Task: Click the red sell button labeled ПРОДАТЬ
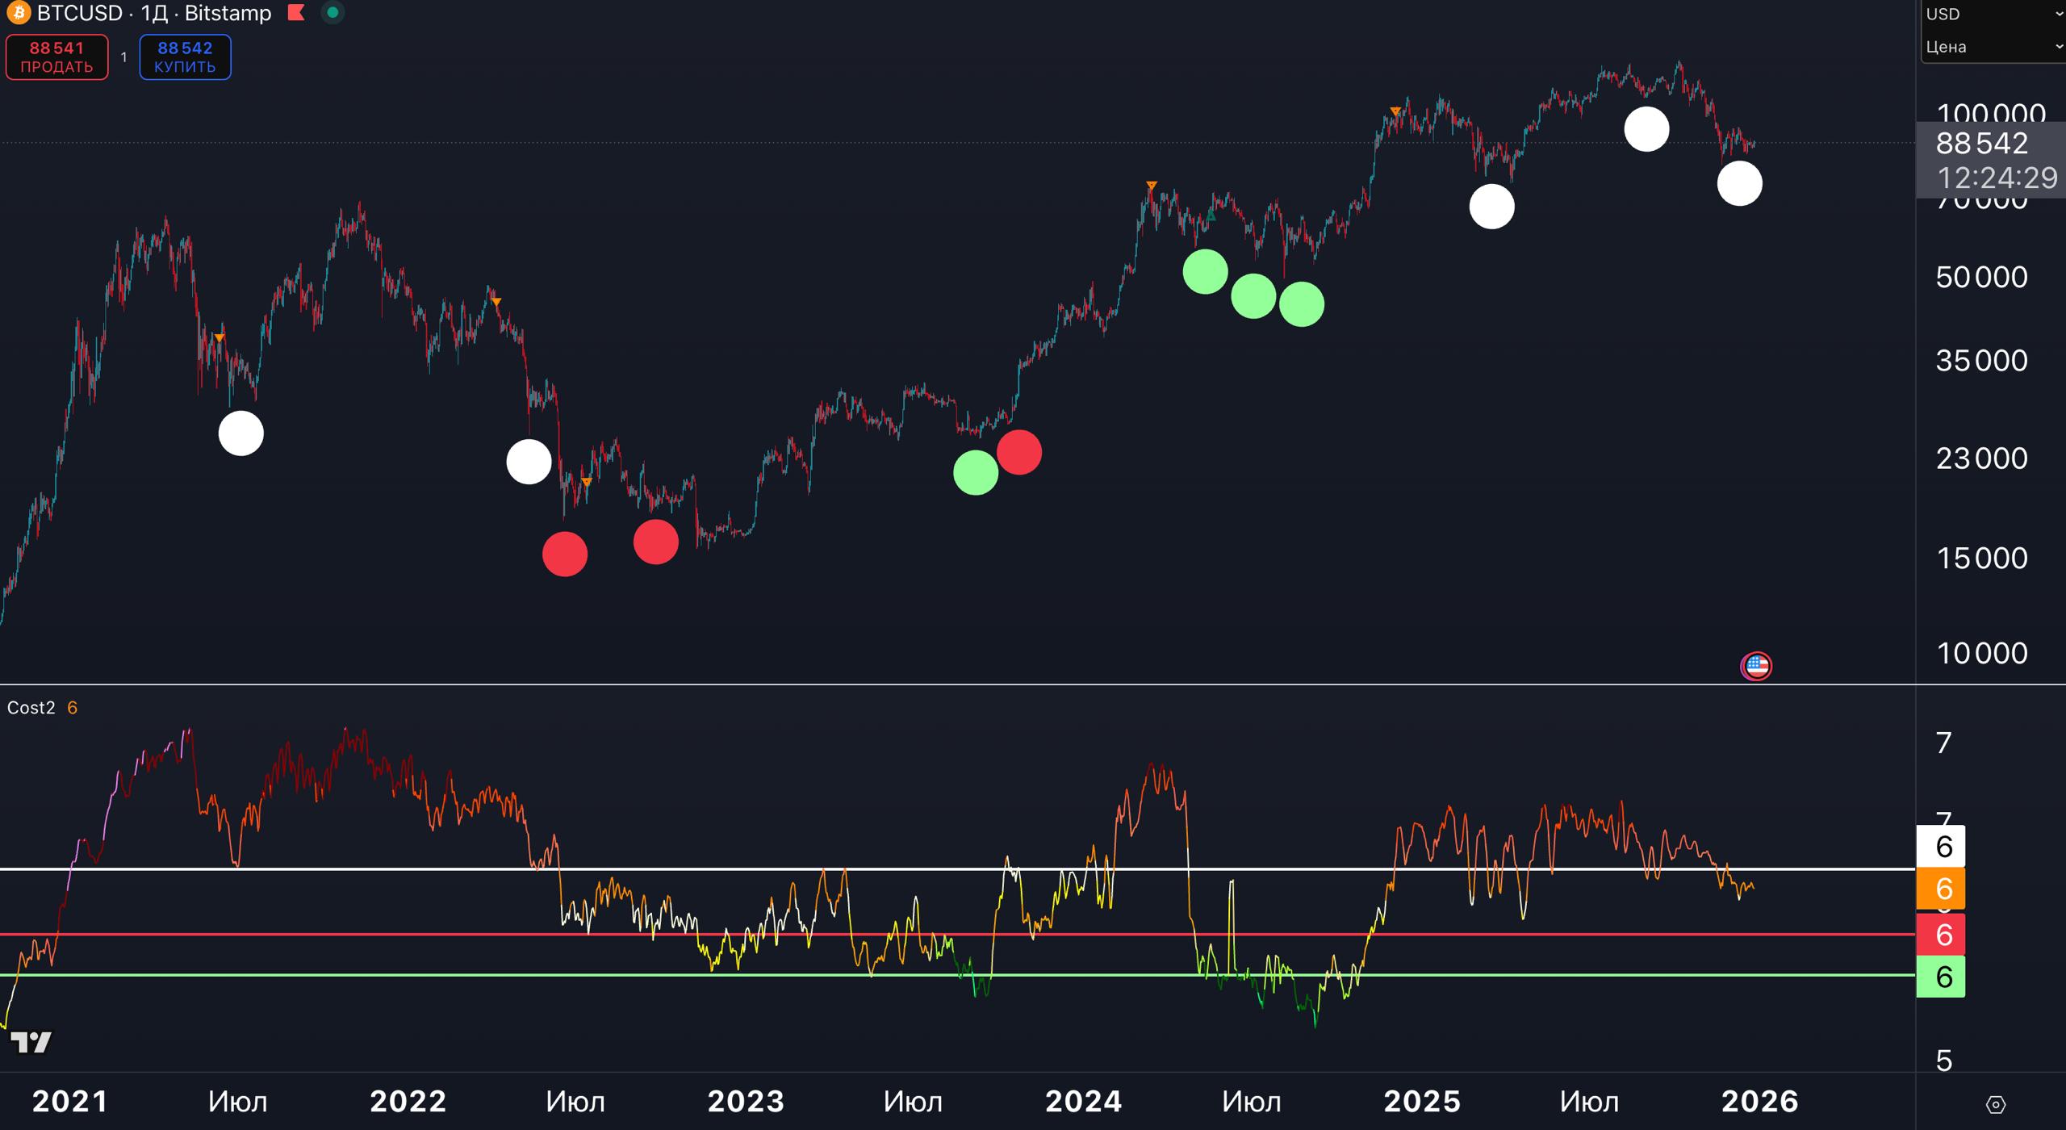coord(56,57)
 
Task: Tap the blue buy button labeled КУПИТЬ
coord(185,57)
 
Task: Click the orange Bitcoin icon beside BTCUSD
coord(18,13)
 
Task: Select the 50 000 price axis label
coord(1981,278)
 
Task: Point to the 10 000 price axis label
coord(1981,653)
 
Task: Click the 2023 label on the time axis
coord(746,1102)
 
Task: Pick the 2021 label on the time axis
coord(70,1102)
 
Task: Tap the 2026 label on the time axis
coord(1760,1102)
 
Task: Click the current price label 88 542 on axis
coord(1981,144)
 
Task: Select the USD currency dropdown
coord(1992,14)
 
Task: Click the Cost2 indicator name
coord(31,708)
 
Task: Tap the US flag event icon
coord(1756,667)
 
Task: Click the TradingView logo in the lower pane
coord(31,1042)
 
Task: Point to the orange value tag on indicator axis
coord(1940,889)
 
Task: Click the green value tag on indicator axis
coord(1940,977)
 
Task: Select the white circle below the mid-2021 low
coord(240,433)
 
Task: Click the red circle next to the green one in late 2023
coord(1018,452)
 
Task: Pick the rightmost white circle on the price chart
coord(1739,183)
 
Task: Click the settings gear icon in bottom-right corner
coord(1995,1104)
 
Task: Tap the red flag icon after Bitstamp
coord(296,13)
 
